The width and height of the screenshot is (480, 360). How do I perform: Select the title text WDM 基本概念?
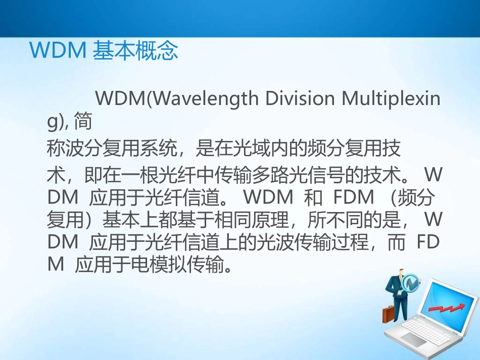click(x=104, y=52)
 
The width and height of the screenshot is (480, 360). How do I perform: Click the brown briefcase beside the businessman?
click(x=389, y=314)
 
